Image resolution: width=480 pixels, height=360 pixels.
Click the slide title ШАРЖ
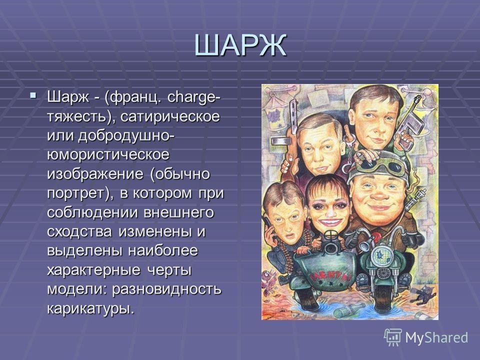(x=240, y=45)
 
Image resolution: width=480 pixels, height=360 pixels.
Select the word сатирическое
(x=170, y=116)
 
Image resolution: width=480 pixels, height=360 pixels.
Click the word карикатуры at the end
(x=90, y=308)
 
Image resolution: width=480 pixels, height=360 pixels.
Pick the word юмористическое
(x=108, y=155)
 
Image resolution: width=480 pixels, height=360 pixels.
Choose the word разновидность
(x=166, y=289)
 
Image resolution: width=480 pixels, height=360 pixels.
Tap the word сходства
(x=79, y=231)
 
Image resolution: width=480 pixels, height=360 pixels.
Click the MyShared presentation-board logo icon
(x=393, y=337)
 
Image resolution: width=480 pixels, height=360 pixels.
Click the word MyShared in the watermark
(x=436, y=338)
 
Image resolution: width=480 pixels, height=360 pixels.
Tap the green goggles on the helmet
(x=381, y=166)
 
